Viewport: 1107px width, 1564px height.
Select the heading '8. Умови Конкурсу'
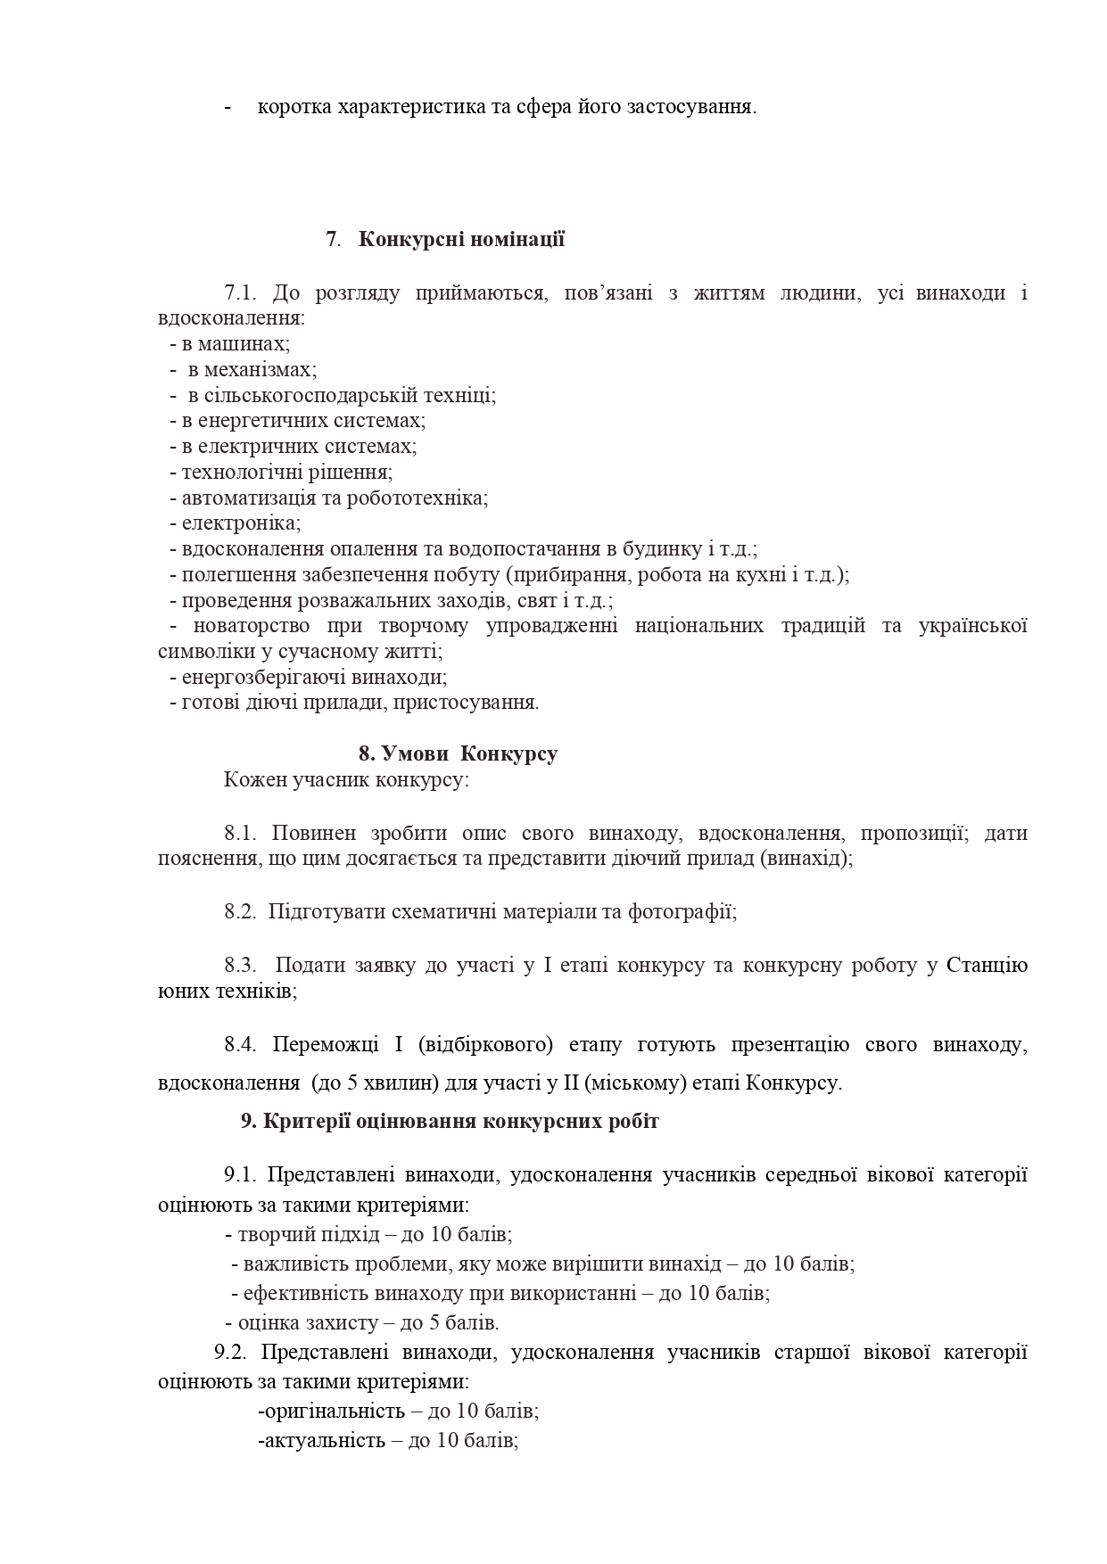[458, 753]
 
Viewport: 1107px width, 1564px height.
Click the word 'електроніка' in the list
[240, 523]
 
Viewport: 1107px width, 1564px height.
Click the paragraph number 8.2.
[240, 912]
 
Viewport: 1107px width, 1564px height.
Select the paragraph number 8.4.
[240, 1044]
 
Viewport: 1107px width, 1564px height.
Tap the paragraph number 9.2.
[230, 1352]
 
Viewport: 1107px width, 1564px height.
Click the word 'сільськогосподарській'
[301, 395]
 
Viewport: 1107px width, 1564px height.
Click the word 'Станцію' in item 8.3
[986, 966]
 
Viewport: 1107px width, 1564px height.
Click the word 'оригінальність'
[330, 1412]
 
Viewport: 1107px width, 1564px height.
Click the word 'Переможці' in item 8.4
[318, 1044]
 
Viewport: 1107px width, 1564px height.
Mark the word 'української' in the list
[972, 626]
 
